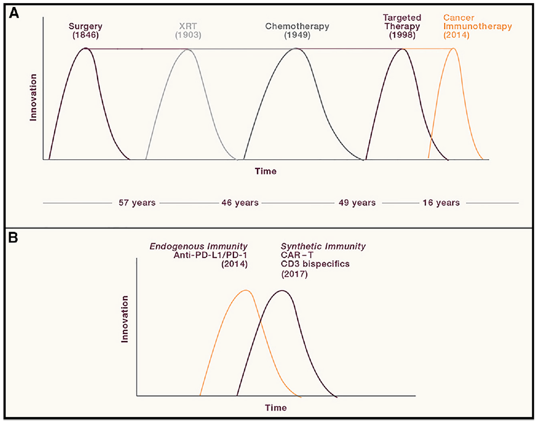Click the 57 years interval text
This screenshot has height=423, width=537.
[137, 203]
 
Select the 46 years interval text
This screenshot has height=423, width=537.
[240, 203]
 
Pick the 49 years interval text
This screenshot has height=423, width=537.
[357, 203]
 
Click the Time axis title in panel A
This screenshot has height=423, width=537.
[266, 172]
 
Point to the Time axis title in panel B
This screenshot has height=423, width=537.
[276, 407]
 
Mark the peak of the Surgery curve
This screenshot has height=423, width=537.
[84, 48]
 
